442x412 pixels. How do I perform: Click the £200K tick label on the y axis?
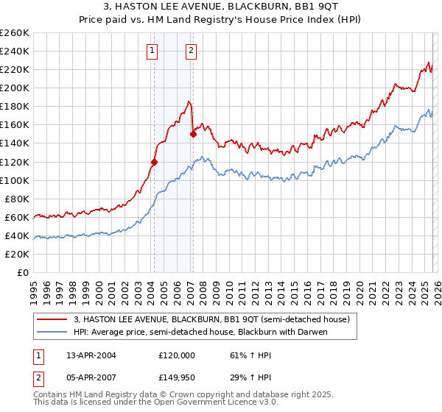pos(14,88)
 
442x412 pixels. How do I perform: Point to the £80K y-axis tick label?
pos(16,199)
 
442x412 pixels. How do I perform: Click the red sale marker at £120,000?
pos(154,162)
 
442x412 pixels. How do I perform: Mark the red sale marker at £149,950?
pos(193,134)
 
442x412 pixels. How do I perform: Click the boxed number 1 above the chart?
pos(152,51)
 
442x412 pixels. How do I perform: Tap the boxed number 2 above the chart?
pos(191,51)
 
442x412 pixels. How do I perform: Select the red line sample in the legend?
pos(52,319)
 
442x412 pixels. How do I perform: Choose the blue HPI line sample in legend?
pos(52,332)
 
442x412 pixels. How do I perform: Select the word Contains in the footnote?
pos(51,396)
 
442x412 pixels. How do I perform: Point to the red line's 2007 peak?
pos(189,102)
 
